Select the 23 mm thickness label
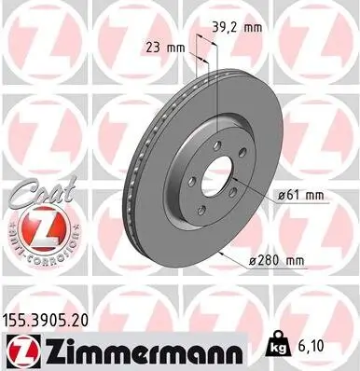point(160,46)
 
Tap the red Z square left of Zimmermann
point(18,349)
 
